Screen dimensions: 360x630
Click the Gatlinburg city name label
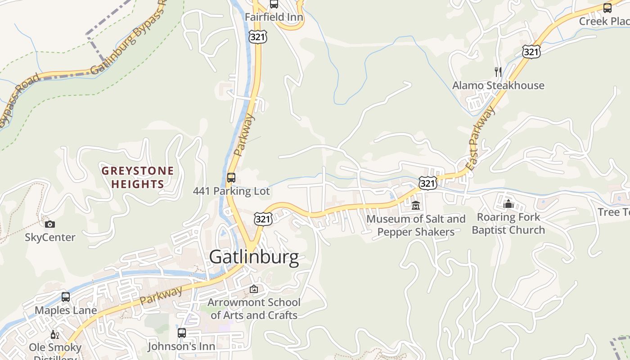[x=254, y=257]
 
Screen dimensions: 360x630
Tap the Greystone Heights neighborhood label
[x=138, y=177]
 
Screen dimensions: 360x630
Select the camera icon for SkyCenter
[x=50, y=224]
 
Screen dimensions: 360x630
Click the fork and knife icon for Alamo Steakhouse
[x=498, y=72]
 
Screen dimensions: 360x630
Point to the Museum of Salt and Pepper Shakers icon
[x=416, y=206]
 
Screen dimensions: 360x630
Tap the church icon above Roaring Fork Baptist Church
[x=508, y=204]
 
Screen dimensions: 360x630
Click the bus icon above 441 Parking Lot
[x=231, y=177]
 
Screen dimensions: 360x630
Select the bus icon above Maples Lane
[x=66, y=297]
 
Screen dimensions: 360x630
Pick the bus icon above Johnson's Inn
[x=182, y=333]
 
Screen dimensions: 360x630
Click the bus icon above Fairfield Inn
[x=274, y=4]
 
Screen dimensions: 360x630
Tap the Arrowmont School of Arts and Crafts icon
[x=254, y=289]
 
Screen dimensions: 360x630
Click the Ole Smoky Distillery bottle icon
[x=55, y=334]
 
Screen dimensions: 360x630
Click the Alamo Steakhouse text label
[x=498, y=85]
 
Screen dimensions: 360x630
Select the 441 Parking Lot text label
[x=231, y=191]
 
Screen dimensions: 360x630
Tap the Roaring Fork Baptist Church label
[x=508, y=224]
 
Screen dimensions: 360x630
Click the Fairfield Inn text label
[x=274, y=17]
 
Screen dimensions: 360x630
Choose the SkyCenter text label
[x=50, y=237]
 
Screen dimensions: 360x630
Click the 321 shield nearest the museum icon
[x=427, y=183]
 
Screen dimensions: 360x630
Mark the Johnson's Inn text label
[x=182, y=346]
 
